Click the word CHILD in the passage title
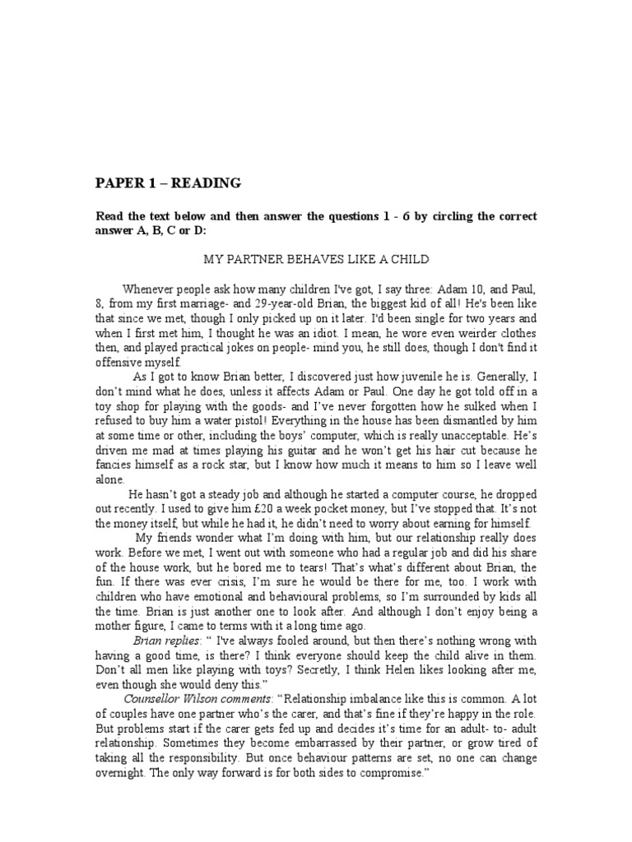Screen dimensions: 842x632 point(408,259)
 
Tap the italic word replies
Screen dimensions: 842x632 point(183,641)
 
